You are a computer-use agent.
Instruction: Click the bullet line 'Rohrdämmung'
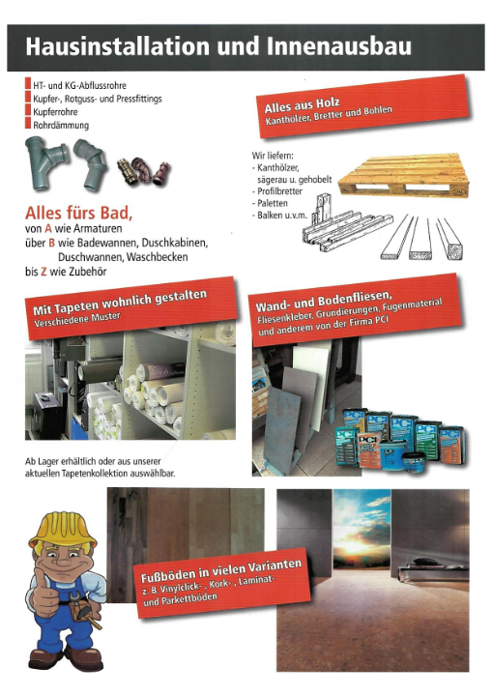[61, 126]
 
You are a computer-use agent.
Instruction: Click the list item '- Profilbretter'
[278, 190]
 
